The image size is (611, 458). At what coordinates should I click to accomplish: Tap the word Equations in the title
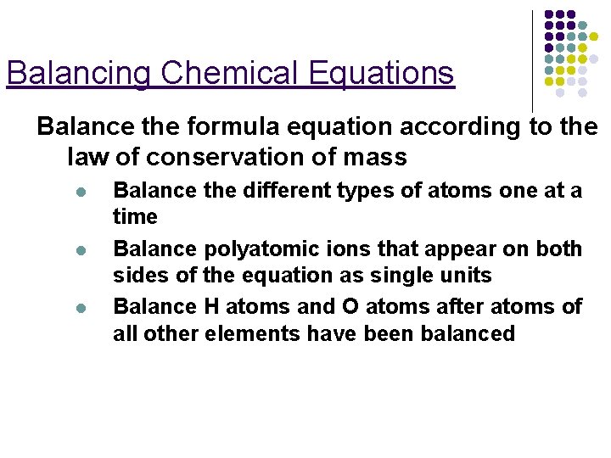pos(382,74)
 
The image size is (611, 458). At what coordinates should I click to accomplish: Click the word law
pos(85,157)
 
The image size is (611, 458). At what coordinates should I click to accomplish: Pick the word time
pos(135,217)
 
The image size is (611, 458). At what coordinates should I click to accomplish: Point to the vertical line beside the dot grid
pos(532,59)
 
